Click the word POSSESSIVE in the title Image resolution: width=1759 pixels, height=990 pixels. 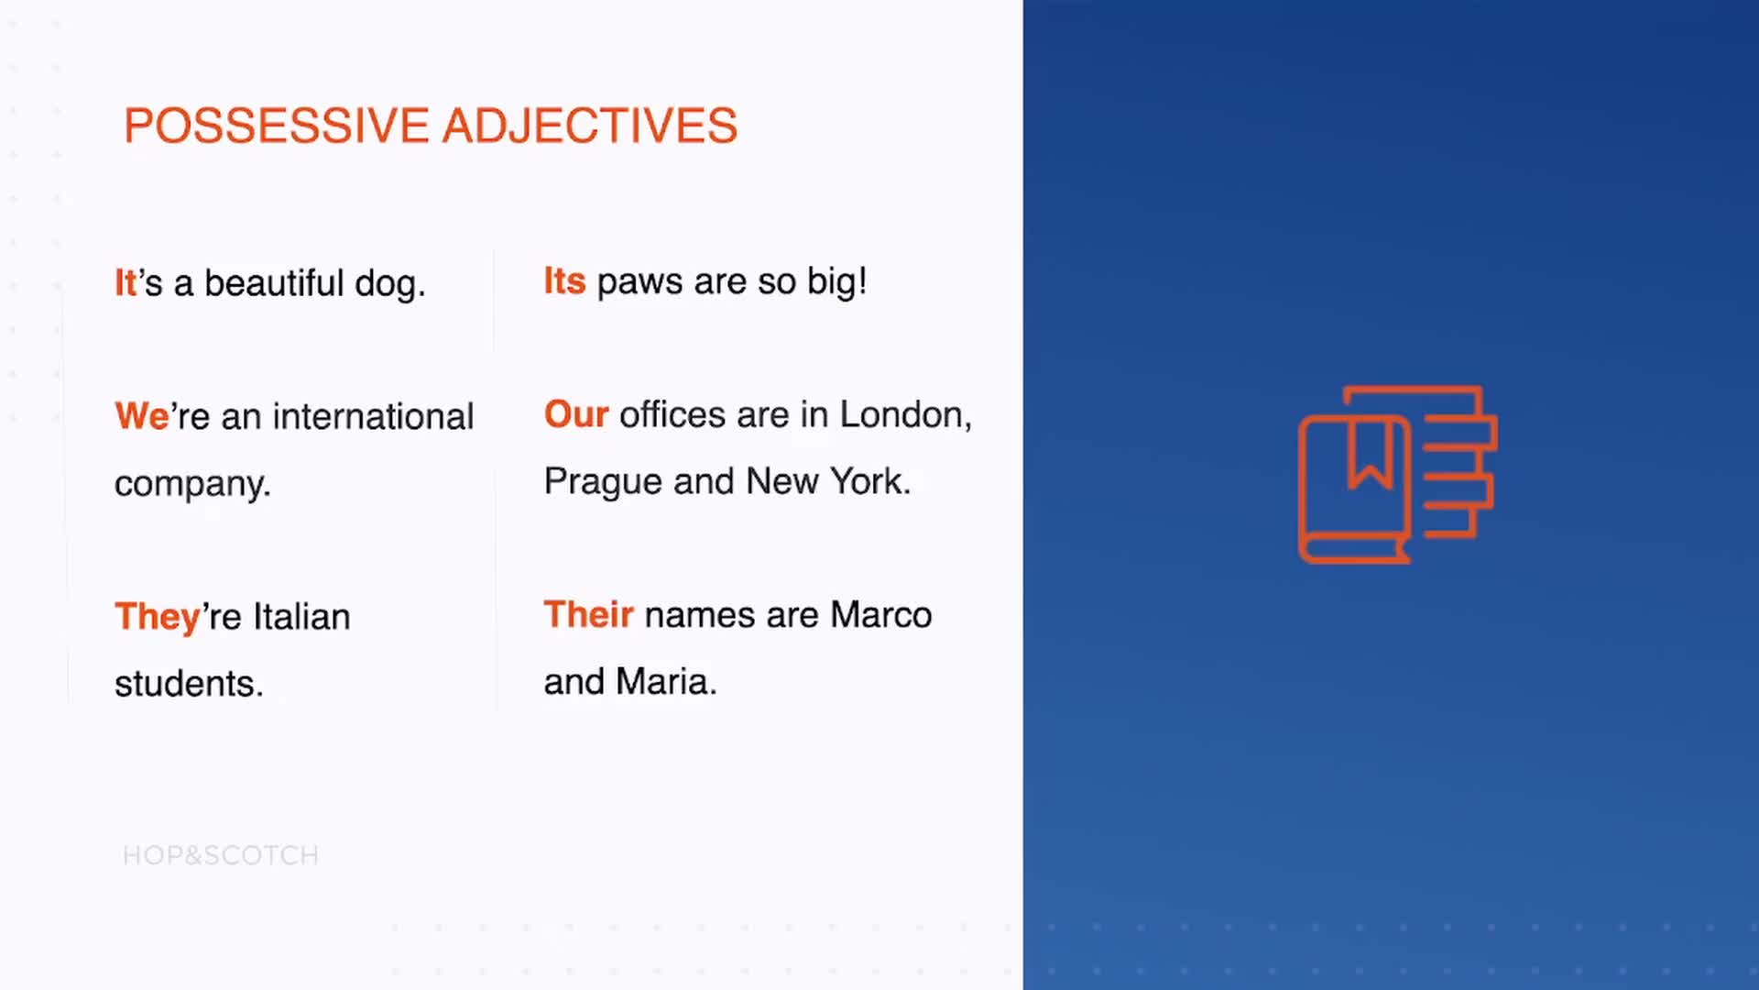coord(277,126)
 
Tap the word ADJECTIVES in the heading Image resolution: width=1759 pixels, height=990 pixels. coord(590,126)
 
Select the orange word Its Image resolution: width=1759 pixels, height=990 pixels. coord(564,281)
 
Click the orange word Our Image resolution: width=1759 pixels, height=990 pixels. coord(576,414)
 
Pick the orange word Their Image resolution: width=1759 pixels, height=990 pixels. coord(588,614)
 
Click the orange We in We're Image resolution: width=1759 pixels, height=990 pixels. coord(142,416)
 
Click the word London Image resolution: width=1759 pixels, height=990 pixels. coord(905,415)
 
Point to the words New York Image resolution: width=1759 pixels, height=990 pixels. coord(828,481)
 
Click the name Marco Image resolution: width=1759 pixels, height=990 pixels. coord(881,615)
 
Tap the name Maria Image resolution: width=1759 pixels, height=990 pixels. coord(666,682)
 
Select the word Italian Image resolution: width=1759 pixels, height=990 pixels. coord(301,617)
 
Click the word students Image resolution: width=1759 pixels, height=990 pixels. coord(189,684)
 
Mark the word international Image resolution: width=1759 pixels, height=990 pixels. coord(373,417)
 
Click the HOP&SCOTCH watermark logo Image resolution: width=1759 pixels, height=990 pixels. coord(221,855)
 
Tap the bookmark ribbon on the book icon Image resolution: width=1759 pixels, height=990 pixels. coord(1371,453)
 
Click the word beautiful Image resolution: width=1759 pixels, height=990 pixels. coord(274,283)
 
